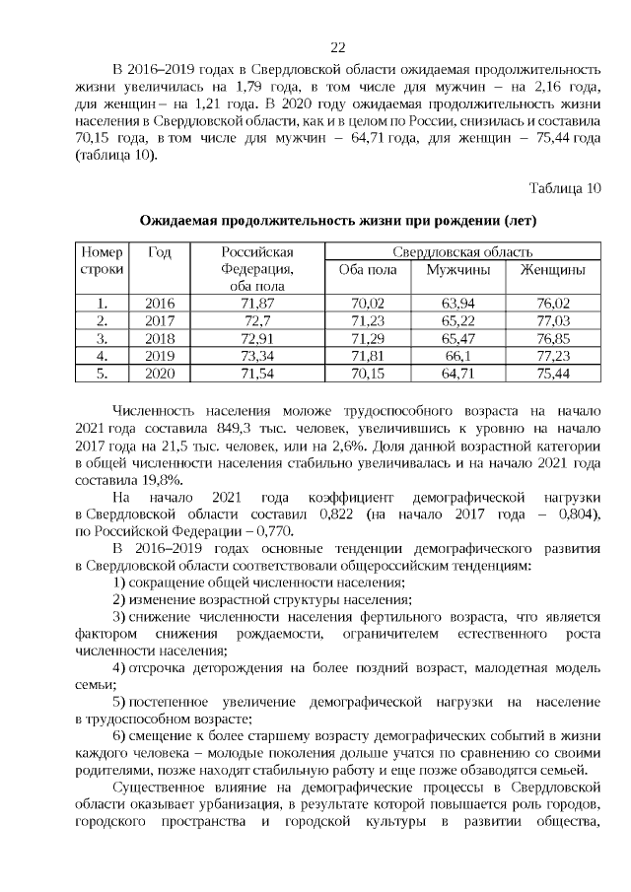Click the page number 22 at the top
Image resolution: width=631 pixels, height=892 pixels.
click(337, 47)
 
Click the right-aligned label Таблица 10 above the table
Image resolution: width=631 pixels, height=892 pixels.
click(564, 188)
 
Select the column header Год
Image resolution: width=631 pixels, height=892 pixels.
click(160, 252)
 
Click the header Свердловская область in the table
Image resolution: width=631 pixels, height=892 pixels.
click(462, 252)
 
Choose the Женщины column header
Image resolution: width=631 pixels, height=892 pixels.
click(552, 270)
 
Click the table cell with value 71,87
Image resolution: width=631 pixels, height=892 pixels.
click(257, 303)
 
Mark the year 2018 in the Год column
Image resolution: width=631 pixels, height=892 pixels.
click(160, 338)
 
